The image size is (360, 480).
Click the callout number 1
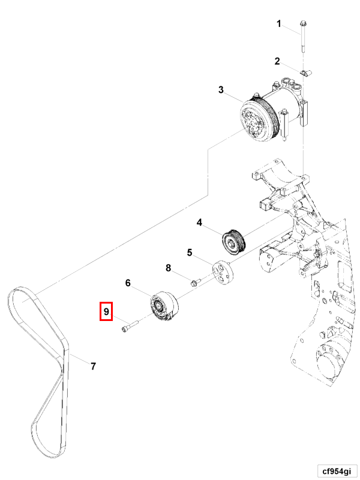click(278, 23)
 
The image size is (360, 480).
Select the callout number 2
click(277, 61)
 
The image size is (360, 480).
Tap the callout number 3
click(221, 90)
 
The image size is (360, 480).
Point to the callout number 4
click(199, 223)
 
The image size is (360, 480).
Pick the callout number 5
click(190, 253)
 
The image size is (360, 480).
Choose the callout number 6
click(128, 282)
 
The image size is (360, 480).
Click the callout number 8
click(169, 268)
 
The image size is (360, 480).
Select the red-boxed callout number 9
click(106, 311)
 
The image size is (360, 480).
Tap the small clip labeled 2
click(302, 74)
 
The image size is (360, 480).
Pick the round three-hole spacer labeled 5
click(224, 272)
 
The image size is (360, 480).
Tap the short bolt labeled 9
click(129, 328)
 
